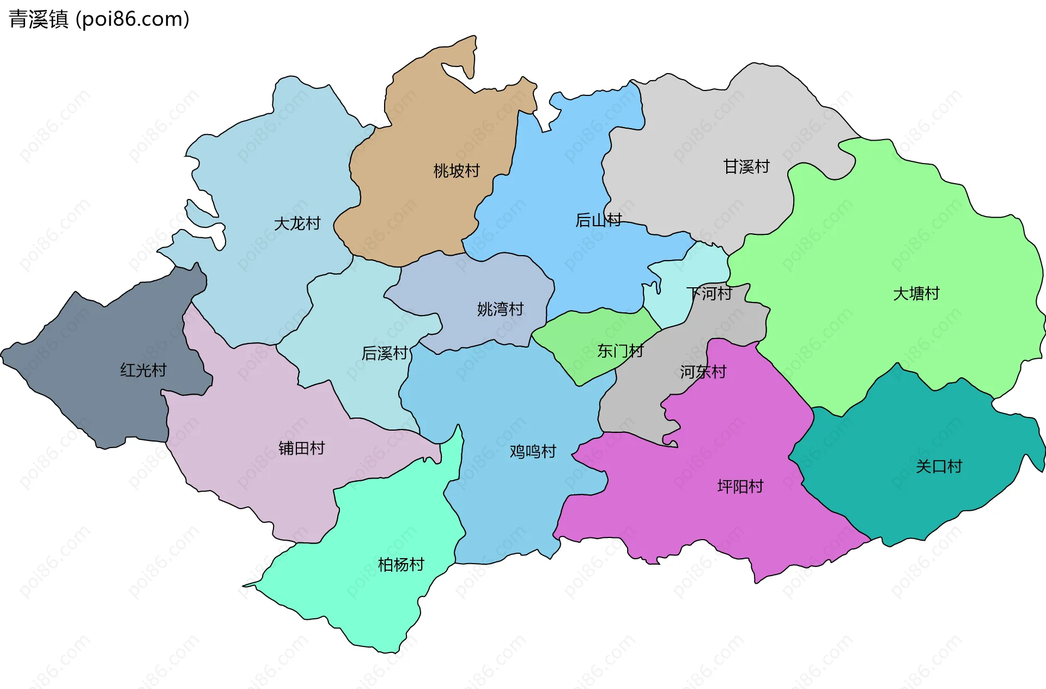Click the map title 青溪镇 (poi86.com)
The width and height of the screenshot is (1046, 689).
click(99, 19)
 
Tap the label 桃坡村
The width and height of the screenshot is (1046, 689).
click(457, 171)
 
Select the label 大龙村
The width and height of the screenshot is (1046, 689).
click(297, 223)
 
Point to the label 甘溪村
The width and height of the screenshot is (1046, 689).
click(746, 167)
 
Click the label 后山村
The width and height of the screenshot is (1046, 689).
click(598, 220)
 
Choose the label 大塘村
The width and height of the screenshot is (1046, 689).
click(916, 294)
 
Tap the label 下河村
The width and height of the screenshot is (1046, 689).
click(709, 294)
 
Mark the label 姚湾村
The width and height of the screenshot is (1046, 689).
click(500, 310)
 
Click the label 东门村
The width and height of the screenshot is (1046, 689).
click(620, 351)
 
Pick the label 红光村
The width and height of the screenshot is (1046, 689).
click(143, 371)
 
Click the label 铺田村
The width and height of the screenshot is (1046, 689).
click(301, 449)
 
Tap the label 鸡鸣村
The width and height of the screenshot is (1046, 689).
click(533, 452)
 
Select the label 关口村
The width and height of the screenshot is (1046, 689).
click(939, 467)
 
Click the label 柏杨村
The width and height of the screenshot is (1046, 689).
click(401, 565)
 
